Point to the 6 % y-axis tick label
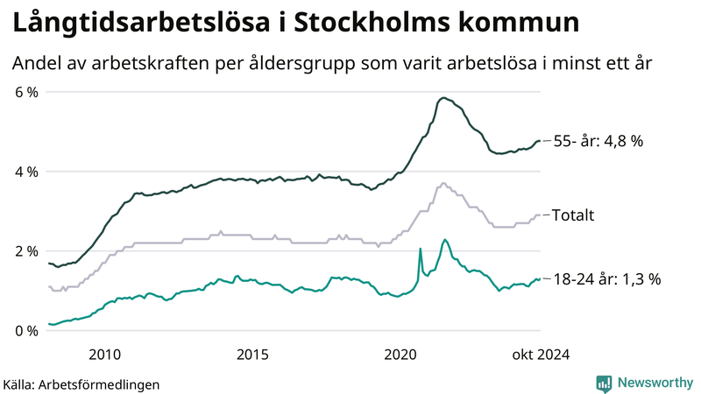[26, 92]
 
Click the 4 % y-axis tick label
[26, 172]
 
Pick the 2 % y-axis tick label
[26, 251]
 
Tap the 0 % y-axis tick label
[26, 331]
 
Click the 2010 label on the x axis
[105, 354]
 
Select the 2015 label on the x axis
[253, 354]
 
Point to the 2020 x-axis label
[401, 354]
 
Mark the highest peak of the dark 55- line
[444, 98]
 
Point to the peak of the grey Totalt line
[443, 183]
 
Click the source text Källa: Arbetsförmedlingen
[82, 383]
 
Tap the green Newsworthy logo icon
[604, 383]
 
